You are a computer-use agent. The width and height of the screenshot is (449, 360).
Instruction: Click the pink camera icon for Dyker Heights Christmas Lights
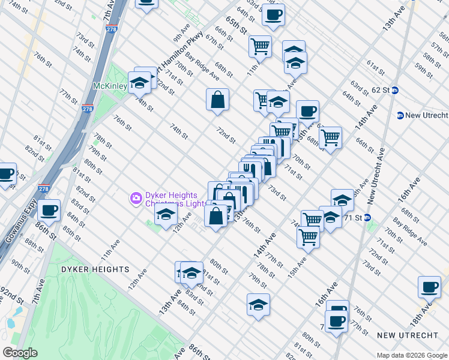[136, 197]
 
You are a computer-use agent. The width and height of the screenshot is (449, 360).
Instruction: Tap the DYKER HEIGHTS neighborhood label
[95, 269]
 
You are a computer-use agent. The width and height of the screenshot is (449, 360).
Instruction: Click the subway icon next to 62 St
[395, 91]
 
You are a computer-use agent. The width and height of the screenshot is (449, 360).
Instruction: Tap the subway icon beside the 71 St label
[367, 217]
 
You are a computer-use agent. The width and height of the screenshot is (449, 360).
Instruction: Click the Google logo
[20, 353]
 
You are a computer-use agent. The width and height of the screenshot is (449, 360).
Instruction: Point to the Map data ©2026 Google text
[411, 355]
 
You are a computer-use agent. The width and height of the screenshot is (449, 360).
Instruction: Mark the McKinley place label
[110, 86]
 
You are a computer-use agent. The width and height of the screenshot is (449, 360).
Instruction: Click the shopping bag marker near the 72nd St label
[217, 100]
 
